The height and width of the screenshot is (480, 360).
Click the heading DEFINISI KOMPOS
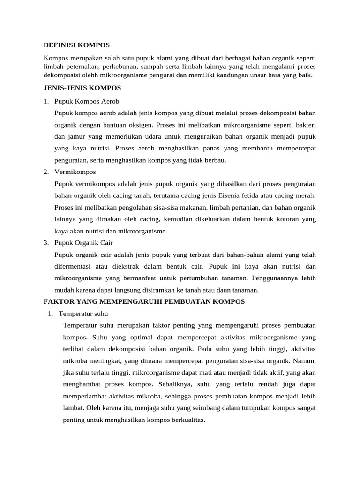(x=76, y=45)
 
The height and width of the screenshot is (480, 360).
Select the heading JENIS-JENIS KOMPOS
(x=82, y=88)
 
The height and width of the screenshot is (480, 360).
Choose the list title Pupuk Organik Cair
(x=83, y=243)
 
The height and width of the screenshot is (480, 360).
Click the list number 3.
(x=46, y=243)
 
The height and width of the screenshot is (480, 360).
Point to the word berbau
(x=215, y=160)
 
